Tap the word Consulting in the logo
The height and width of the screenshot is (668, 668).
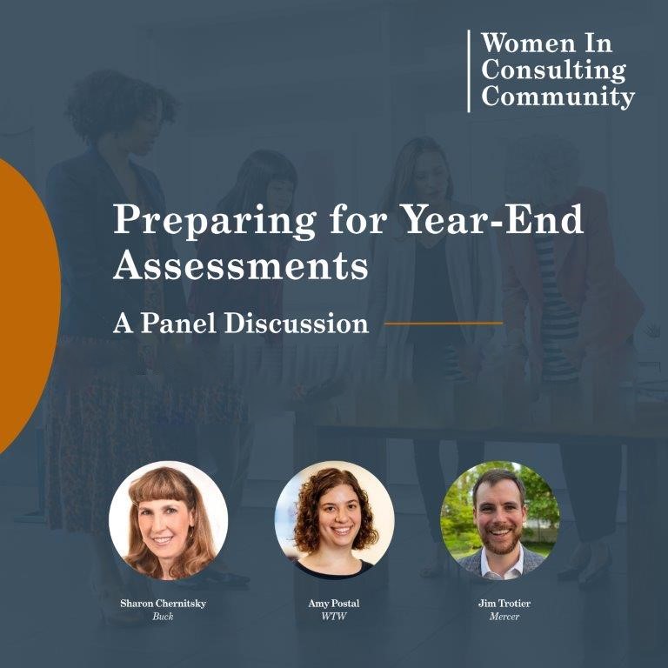[x=553, y=70]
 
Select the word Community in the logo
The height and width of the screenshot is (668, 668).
[x=558, y=97]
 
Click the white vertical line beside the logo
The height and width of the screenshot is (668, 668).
[x=469, y=70]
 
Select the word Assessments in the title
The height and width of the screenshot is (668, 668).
[x=241, y=265]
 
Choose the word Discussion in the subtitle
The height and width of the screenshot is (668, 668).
[x=296, y=324]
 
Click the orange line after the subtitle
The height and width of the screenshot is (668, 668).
[x=443, y=324]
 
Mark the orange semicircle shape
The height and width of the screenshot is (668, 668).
[x=26, y=304]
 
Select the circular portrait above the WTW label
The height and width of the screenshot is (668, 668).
[x=334, y=520]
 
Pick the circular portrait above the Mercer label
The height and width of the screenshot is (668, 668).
[x=500, y=520]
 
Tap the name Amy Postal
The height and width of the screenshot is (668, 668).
[x=334, y=603]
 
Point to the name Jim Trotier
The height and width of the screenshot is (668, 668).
[x=500, y=603]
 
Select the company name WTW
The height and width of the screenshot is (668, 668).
[x=334, y=616]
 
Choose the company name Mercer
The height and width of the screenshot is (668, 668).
[x=500, y=616]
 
